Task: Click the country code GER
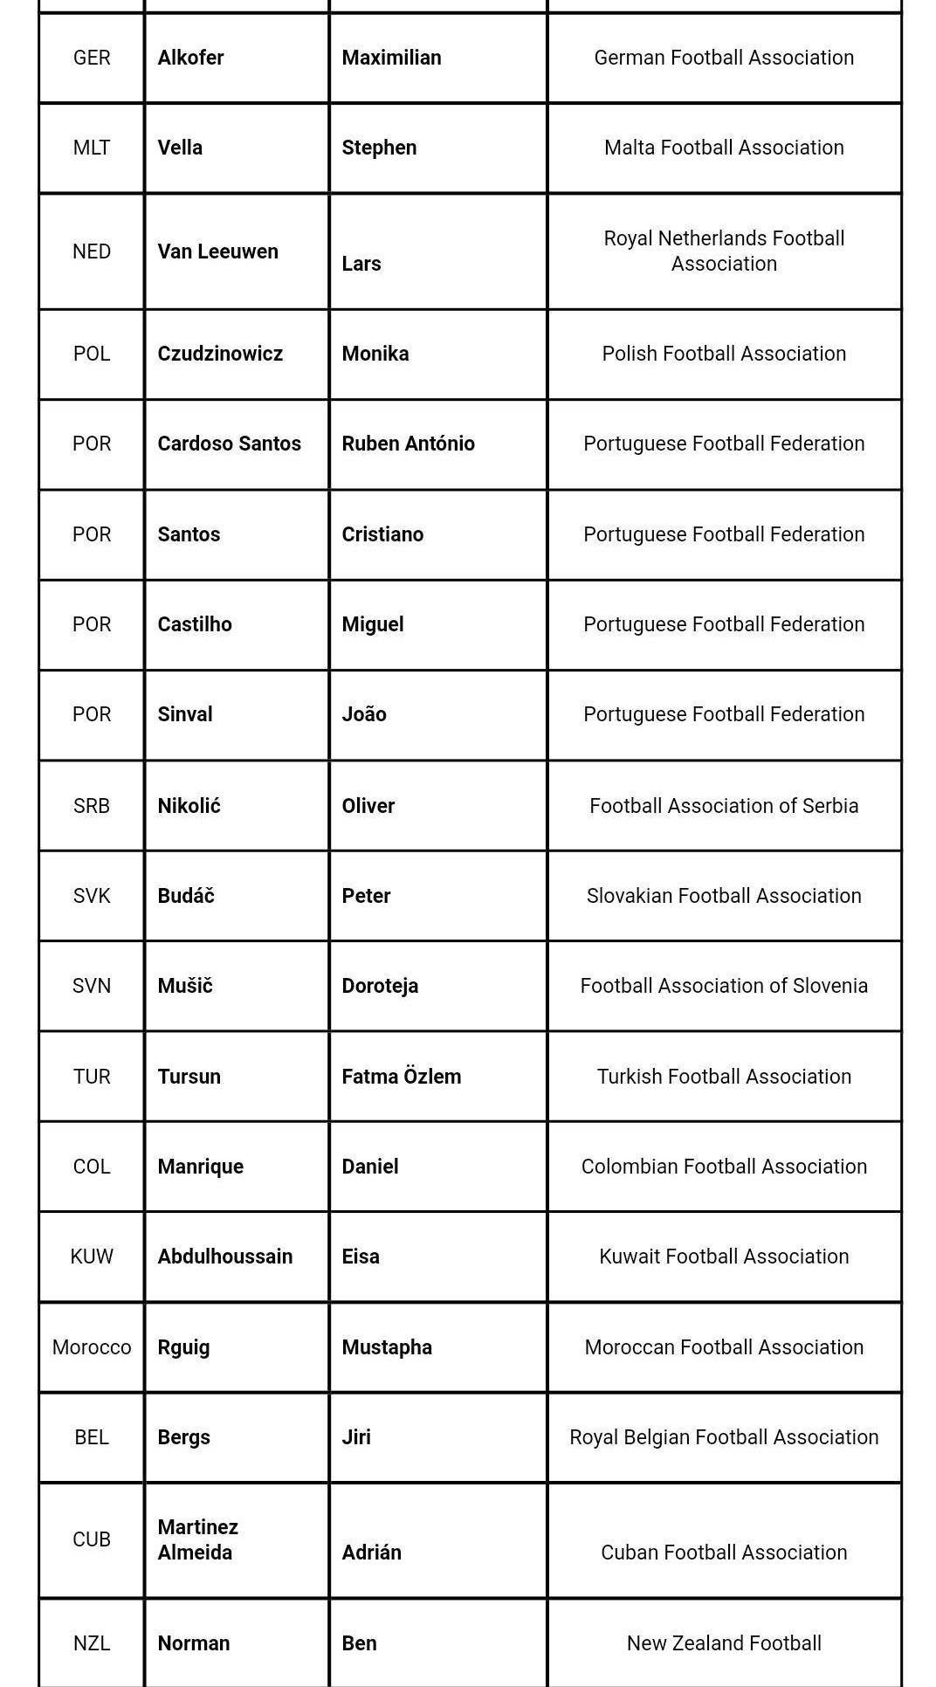[x=92, y=58]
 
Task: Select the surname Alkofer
[x=190, y=58]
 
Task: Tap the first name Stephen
[x=379, y=148]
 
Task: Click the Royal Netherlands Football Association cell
[x=724, y=251]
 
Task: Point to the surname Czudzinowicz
[x=220, y=354]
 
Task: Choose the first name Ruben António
[x=408, y=444]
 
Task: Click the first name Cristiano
[x=382, y=534]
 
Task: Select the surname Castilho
[x=195, y=624]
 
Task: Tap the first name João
[x=364, y=714]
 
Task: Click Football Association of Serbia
[x=724, y=805]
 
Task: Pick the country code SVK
[x=92, y=896]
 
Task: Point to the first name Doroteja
[x=380, y=986]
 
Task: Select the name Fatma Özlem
[x=401, y=1077]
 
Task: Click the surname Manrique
[x=200, y=1167]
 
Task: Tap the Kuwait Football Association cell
[x=724, y=1257]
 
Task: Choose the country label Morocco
[x=92, y=1347]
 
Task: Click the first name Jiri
[x=356, y=1437]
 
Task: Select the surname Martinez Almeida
[x=198, y=1539]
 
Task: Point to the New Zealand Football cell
[x=724, y=1643]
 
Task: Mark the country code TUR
[x=92, y=1077]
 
